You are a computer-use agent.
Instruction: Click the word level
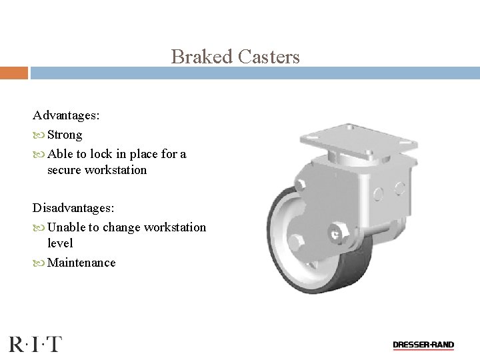coord(60,243)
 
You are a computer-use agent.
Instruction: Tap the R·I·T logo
coord(35,344)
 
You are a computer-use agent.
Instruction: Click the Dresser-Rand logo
coord(423,345)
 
